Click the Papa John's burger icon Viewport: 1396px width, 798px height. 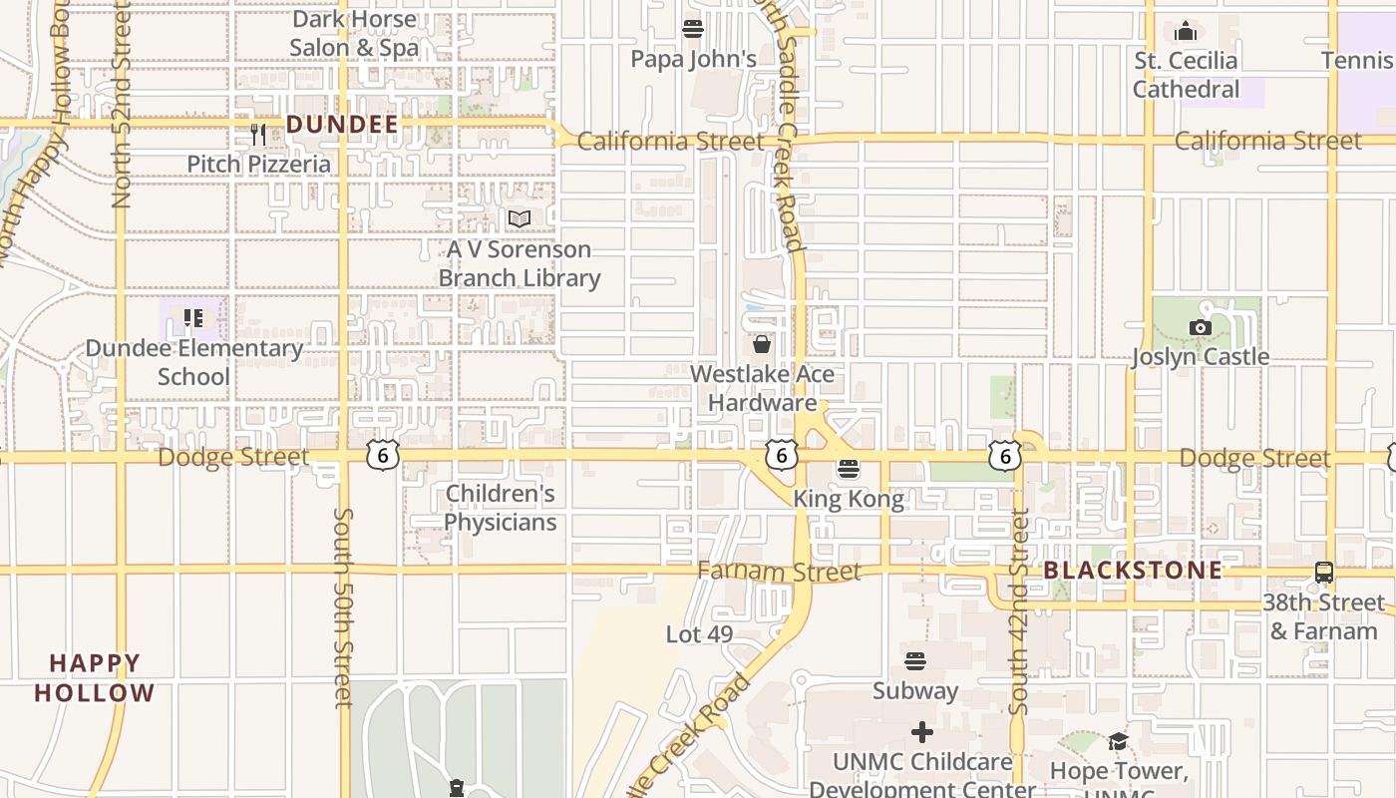pos(692,28)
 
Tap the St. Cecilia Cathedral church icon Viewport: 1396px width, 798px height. pos(1186,31)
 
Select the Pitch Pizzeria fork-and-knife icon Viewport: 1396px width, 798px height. pos(258,134)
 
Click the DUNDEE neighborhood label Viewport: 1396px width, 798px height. pos(342,125)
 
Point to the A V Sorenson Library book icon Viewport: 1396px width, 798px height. pos(519,218)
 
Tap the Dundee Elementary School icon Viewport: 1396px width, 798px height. pos(192,318)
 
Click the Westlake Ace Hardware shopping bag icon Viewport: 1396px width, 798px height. pos(762,344)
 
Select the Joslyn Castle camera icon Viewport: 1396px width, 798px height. pos(1200,327)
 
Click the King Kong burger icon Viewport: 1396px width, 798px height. pos(849,468)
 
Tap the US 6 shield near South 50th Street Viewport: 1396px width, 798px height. pos(382,456)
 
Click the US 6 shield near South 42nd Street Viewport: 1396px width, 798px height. pos(1004,456)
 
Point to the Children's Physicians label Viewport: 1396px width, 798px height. pos(500,508)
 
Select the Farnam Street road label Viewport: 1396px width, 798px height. pos(778,572)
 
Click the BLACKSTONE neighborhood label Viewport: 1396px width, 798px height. pos(1133,570)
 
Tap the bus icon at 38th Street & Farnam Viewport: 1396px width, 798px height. pos(1323,573)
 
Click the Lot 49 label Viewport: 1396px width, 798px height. pos(699,633)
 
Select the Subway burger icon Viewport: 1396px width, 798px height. pos(914,660)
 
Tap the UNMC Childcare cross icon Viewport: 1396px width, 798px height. pos(921,732)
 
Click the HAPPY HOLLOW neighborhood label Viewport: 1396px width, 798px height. pos(95,677)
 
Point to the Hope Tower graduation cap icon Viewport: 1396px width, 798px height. pos(1118,741)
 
